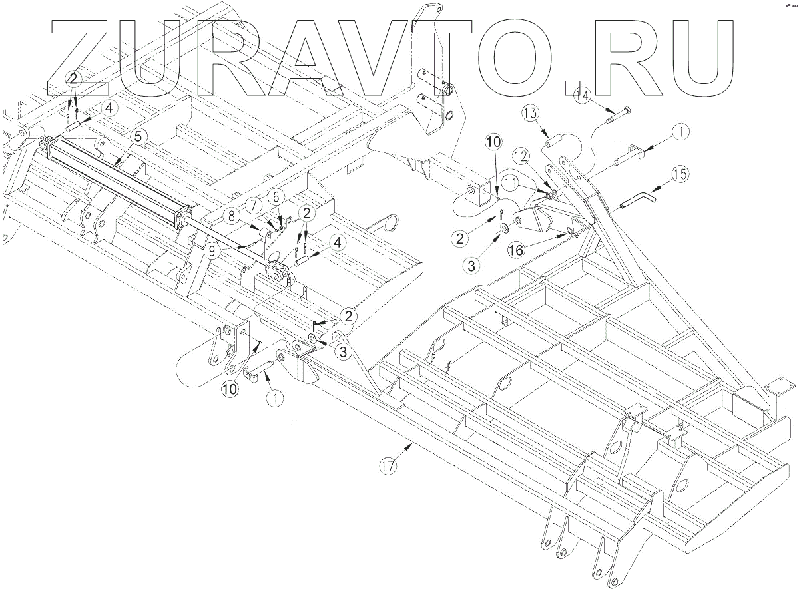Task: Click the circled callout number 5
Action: [x=136, y=137]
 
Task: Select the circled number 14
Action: [x=581, y=95]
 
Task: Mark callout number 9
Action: [x=212, y=252]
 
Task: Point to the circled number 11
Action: [x=511, y=180]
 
